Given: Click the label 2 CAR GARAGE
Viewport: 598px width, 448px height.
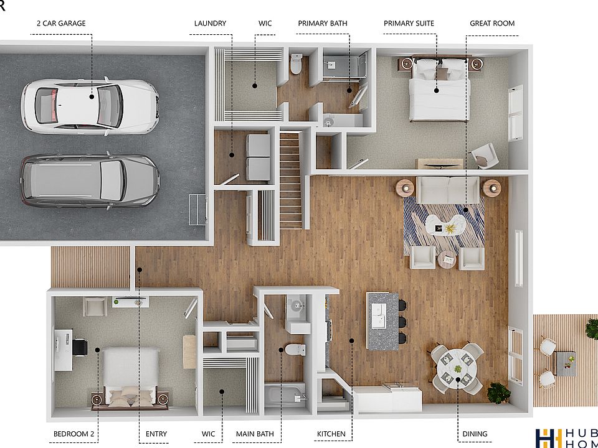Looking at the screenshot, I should [62, 24].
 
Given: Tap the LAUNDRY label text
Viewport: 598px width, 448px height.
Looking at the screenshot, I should [210, 24].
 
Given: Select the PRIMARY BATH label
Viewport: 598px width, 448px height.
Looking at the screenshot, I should [322, 24].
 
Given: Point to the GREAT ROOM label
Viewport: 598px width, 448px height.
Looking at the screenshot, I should [492, 24].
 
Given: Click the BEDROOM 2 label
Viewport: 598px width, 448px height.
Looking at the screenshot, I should [74, 434].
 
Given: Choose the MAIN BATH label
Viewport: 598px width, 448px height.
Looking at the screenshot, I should [254, 434].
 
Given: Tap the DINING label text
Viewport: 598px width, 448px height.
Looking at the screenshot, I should [475, 434].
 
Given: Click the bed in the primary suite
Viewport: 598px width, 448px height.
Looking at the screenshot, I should [439, 90].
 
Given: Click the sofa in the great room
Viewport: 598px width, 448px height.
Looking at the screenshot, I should [448, 190].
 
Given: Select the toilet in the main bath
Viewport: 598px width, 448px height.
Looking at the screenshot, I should [293, 349].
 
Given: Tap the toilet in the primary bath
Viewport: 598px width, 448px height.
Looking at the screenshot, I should [297, 63].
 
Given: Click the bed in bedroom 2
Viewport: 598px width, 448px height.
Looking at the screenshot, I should [129, 373].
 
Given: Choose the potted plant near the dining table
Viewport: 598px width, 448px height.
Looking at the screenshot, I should [498, 392].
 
